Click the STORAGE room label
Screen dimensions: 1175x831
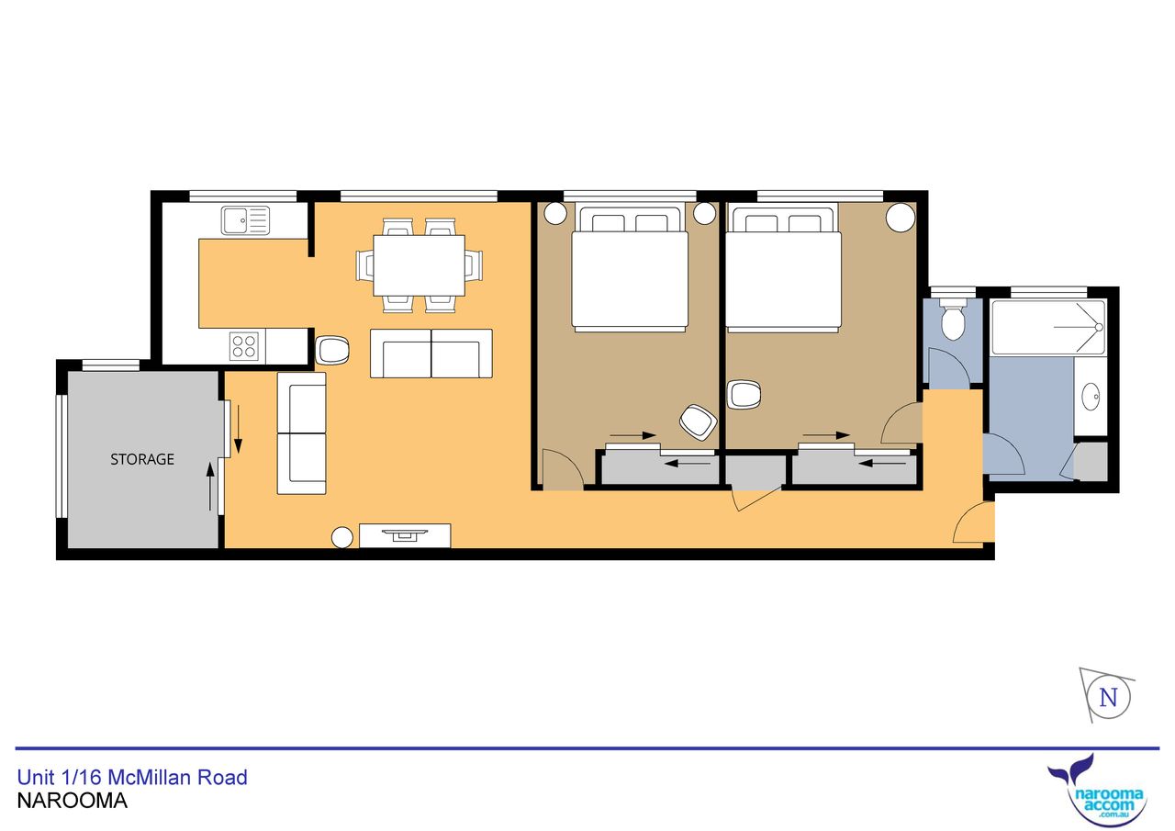coord(142,459)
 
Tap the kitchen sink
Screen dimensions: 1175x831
coord(245,220)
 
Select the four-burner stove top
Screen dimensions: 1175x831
coord(244,346)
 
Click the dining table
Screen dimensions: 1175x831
coord(419,265)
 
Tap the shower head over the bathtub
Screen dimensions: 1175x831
coord(1099,328)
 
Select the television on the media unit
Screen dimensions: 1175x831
coord(405,534)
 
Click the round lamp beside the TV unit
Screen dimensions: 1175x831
coord(342,537)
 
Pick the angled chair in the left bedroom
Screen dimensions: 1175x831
coord(699,422)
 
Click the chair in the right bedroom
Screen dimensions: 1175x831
coord(744,395)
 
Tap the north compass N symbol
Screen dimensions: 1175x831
coord(1108,698)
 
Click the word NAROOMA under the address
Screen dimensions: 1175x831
coord(73,801)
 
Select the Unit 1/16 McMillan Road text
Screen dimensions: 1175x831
coord(132,778)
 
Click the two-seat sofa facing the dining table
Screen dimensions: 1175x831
coord(431,354)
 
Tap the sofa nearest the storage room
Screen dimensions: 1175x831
coord(302,433)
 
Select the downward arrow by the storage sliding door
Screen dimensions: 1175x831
coord(238,429)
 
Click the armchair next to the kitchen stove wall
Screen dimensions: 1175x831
coord(332,350)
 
